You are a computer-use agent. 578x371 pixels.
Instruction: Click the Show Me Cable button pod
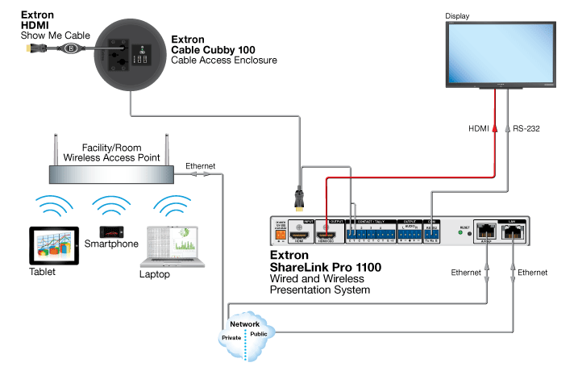pyautogui.click(x=72, y=48)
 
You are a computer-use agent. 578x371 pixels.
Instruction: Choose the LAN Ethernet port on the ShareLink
pyautogui.click(x=514, y=232)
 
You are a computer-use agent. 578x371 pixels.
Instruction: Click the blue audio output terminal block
pyautogui.click(x=414, y=235)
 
